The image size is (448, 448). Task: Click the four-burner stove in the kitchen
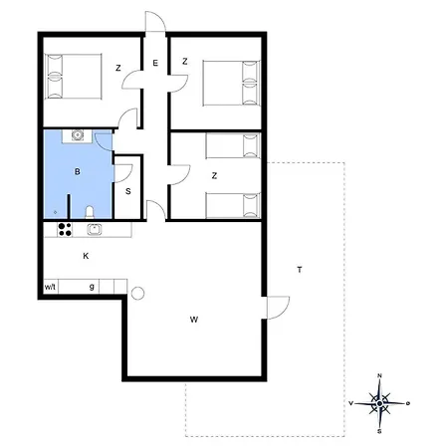point(65,229)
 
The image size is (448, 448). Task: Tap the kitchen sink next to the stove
point(95,229)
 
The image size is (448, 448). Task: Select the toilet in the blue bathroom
point(90,212)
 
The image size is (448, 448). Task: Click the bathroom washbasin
point(78,135)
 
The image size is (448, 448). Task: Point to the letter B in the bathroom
point(78,171)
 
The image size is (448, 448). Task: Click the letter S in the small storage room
point(128,191)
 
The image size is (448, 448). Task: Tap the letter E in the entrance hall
point(155,63)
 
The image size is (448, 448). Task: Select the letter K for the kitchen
point(86,256)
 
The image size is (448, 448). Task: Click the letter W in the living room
point(194,320)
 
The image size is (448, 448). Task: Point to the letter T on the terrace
point(300,270)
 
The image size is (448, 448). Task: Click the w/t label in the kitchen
point(50,287)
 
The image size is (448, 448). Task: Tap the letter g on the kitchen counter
point(92,287)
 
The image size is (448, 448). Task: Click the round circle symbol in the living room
point(137,294)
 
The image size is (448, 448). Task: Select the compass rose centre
point(379,403)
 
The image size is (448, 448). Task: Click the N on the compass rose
point(379,375)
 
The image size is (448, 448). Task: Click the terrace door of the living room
point(278,308)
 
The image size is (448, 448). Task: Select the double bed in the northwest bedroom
point(73,77)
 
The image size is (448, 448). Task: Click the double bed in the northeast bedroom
point(231,83)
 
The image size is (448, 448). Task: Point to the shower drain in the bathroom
point(55,212)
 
